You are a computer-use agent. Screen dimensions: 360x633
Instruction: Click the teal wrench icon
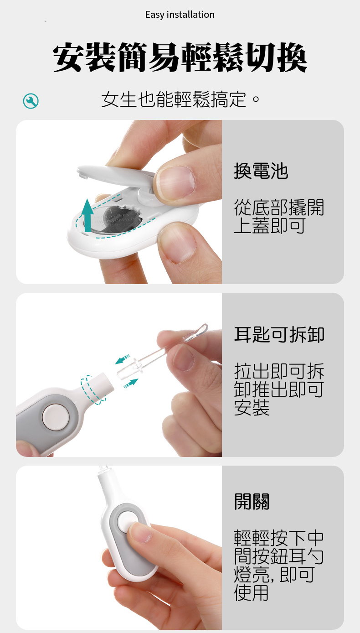coord(31,101)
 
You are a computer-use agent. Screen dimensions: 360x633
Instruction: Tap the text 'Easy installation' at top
coord(180,15)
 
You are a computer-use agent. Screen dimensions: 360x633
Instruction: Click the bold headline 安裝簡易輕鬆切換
coord(180,57)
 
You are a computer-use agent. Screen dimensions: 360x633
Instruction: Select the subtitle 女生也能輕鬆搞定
coord(180,99)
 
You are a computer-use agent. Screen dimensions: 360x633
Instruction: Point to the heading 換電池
coord(261,171)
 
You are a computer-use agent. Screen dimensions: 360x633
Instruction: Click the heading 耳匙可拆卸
coord(279,334)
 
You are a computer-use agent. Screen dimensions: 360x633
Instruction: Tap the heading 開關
coord(252,502)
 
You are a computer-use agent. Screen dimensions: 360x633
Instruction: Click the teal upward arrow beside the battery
coord(88,215)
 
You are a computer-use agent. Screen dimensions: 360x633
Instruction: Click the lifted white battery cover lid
coord(116,176)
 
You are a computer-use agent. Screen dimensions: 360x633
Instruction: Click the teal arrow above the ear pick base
coord(123,359)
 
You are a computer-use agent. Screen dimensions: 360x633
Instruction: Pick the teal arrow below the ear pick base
coord(131,384)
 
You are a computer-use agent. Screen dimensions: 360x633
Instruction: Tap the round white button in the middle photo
coord(56,417)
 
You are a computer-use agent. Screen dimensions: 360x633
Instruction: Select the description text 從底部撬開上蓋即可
coord(279,216)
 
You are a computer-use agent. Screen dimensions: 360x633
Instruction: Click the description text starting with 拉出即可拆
coord(279,389)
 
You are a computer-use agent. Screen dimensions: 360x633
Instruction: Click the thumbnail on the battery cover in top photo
coord(175,182)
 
